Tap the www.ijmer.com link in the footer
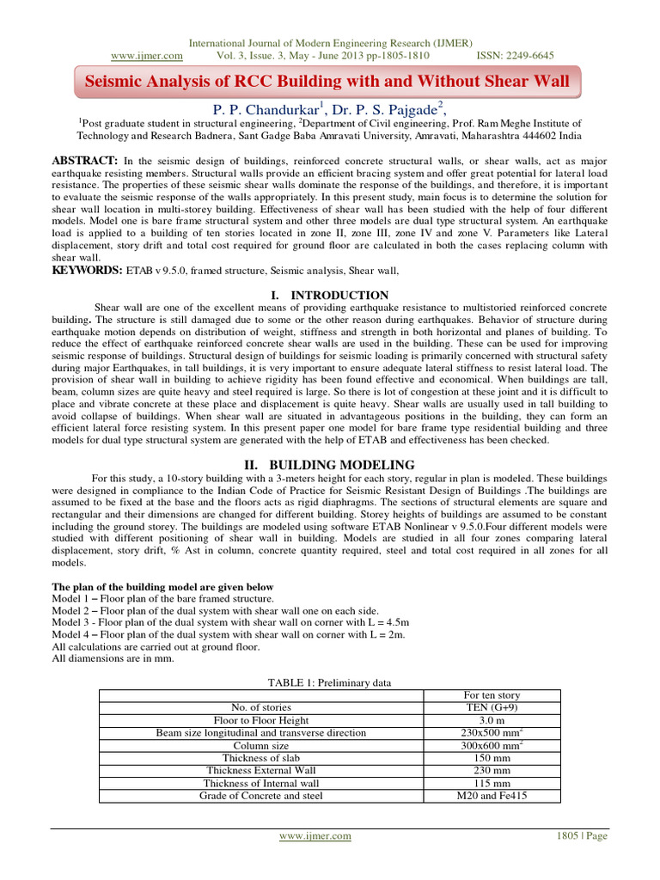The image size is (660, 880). click(315, 835)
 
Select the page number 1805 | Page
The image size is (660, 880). click(583, 835)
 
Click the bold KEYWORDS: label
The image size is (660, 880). click(89, 270)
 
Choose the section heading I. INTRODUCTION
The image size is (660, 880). click(330, 295)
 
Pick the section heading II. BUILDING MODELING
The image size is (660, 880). click(330, 465)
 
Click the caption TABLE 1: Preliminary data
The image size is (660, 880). click(330, 682)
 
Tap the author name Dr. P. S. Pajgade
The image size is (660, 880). click(387, 108)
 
